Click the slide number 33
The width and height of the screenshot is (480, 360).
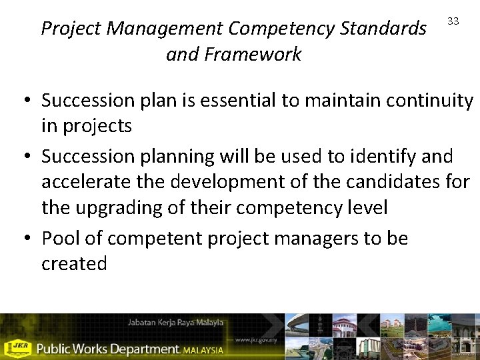tap(453, 21)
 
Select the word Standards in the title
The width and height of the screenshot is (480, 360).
tap(384, 29)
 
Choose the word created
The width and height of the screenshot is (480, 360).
tap(74, 264)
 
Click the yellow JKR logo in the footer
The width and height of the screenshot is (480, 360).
tap(19, 347)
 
